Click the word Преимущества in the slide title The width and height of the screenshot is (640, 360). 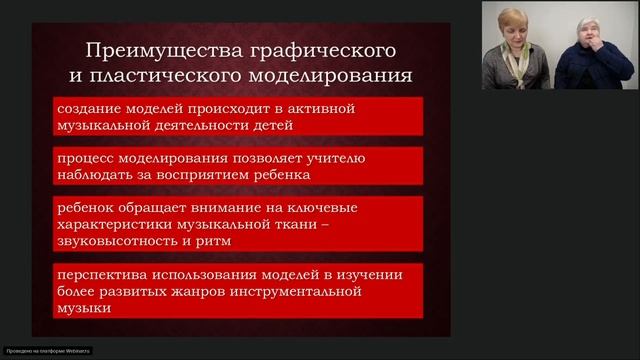point(143,49)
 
